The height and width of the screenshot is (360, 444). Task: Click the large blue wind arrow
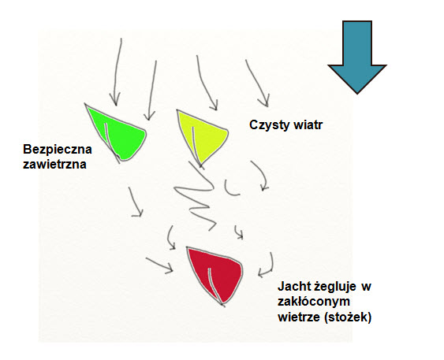pos(357,57)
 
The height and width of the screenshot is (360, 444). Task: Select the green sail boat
pos(119,133)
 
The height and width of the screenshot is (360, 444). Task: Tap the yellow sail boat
pos(201,135)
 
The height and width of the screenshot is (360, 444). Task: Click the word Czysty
pos(269,125)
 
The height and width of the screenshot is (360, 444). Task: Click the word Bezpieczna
pos(58,150)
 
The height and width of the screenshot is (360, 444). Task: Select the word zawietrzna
pos(54,165)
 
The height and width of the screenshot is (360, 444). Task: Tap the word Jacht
pos(295,287)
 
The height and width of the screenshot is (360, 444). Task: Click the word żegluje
pos(335,287)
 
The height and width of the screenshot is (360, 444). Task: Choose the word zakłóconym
pos(314,302)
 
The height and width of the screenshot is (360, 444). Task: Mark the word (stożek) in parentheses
pos(348,317)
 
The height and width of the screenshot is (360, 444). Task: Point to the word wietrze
pos(300,317)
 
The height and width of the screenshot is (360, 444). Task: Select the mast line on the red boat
pos(215,286)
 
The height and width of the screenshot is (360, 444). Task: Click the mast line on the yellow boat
pos(196,147)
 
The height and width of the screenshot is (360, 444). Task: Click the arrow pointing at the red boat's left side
pos(160,265)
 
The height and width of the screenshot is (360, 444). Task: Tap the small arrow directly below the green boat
pos(136,202)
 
